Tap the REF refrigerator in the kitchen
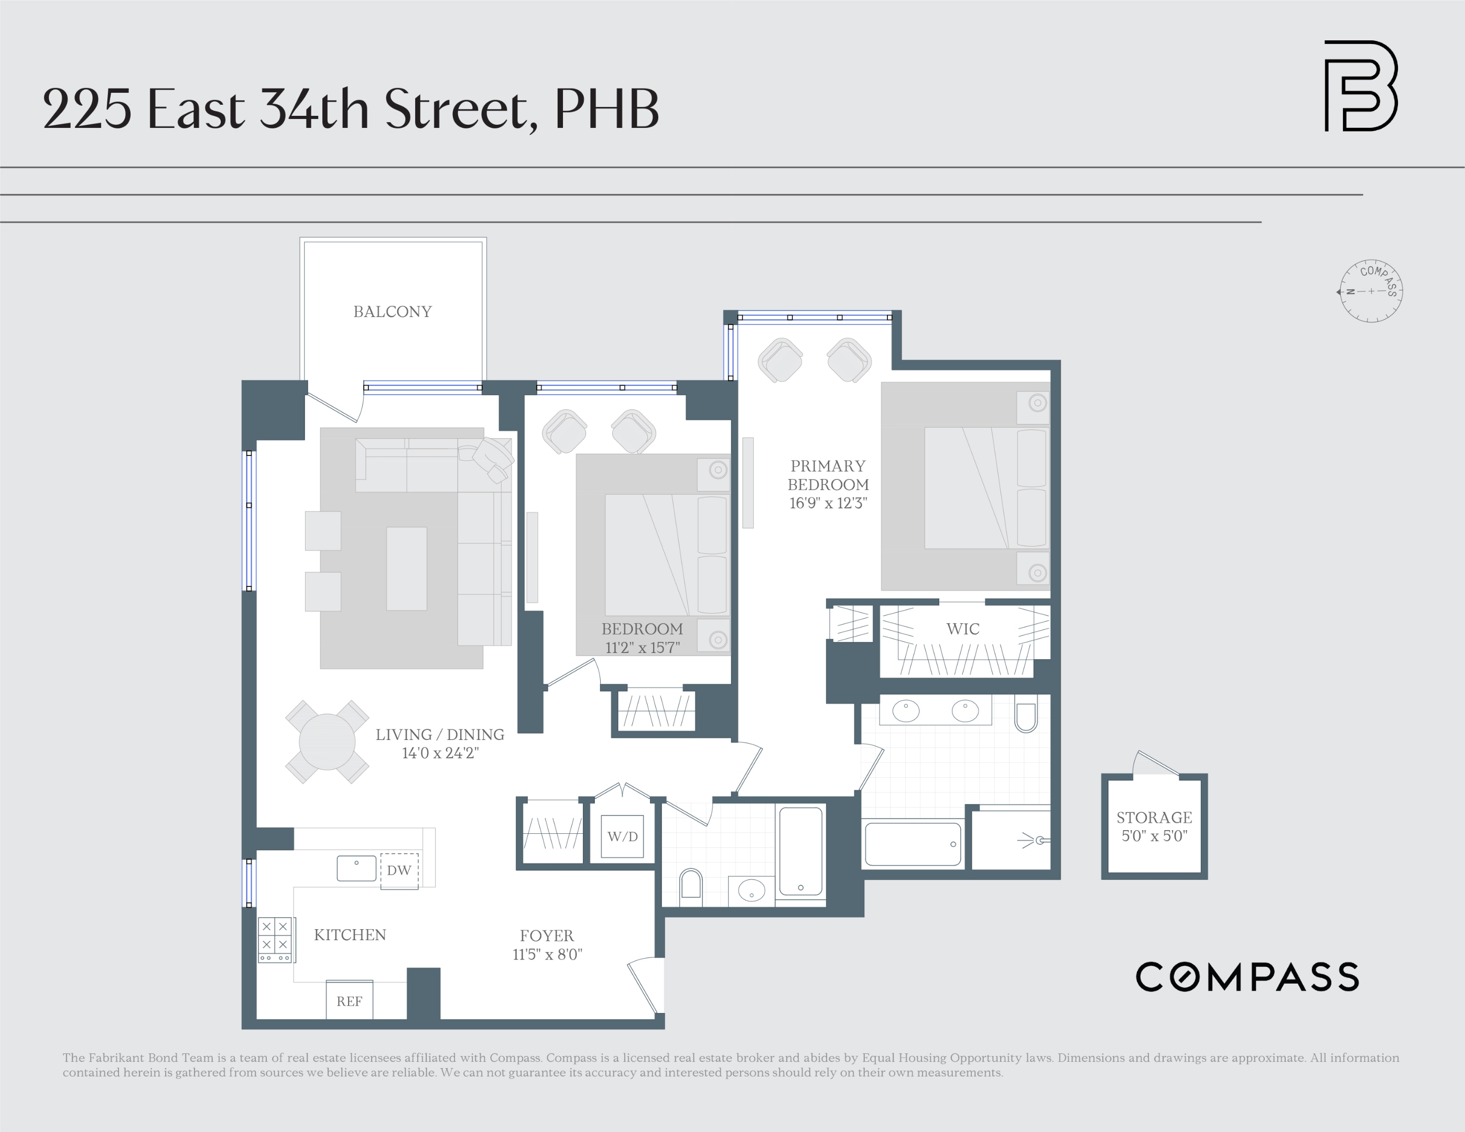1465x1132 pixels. tap(349, 1001)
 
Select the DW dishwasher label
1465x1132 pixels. tap(399, 870)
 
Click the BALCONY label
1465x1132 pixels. tap(393, 312)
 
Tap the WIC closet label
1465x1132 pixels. tap(962, 629)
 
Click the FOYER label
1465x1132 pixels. tap(547, 935)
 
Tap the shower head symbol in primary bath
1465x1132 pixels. tap(1038, 840)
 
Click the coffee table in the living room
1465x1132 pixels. tap(407, 569)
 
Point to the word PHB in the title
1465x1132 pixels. tap(606, 110)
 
